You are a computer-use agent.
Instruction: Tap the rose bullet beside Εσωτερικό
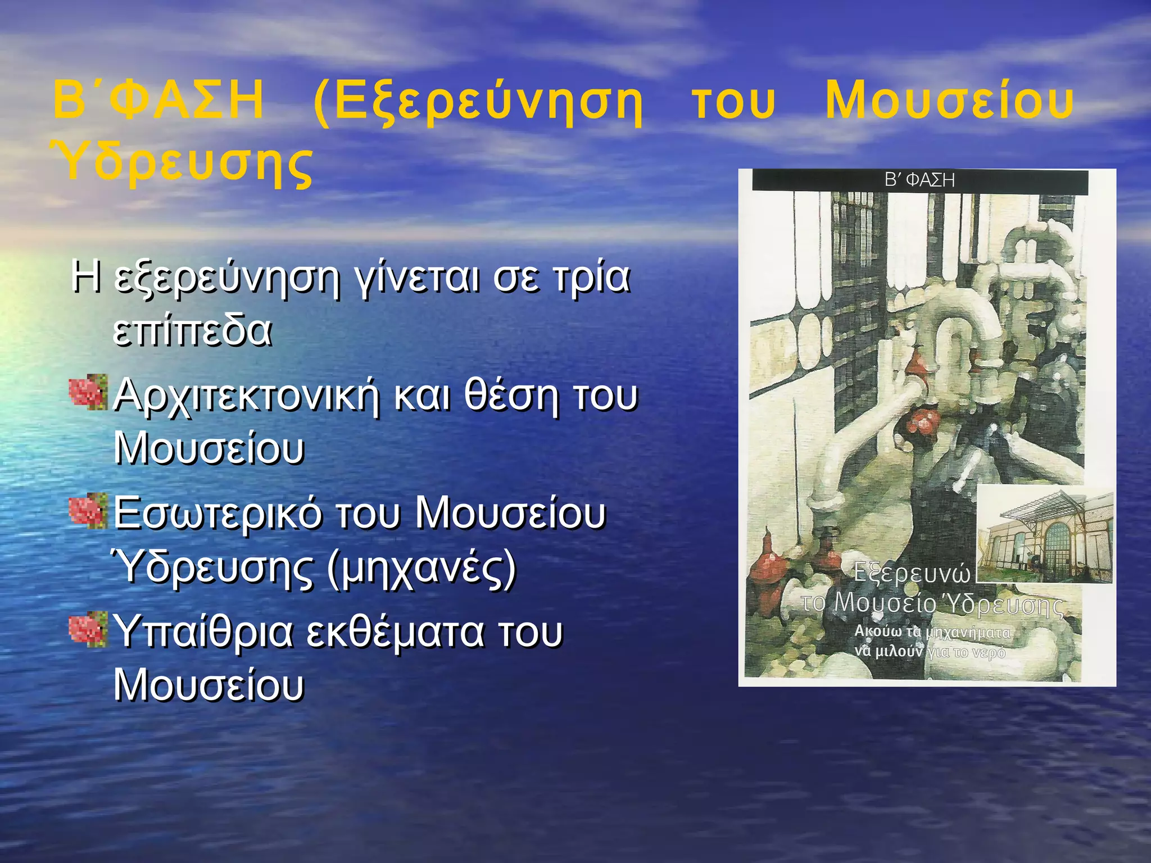88,510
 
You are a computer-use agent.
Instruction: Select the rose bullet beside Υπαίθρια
88,629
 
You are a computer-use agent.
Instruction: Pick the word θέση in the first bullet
511,395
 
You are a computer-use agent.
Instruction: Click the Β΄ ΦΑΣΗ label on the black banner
919,180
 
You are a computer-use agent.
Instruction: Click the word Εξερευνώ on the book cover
912,573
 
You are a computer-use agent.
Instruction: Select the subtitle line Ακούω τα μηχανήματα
932,632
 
